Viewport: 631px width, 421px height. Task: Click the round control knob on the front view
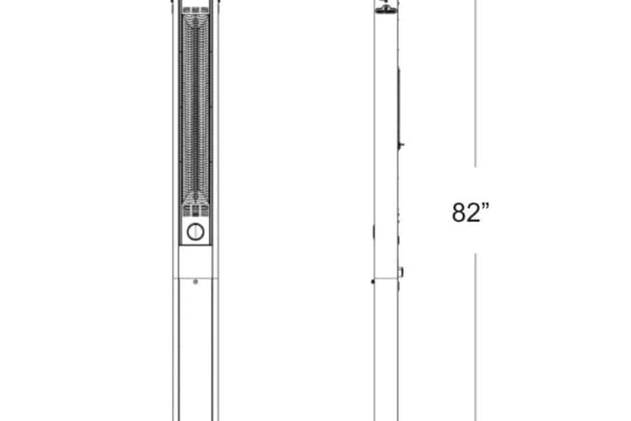point(196,232)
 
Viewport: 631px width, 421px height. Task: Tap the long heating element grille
point(196,109)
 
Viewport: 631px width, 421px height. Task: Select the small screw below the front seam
point(196,282)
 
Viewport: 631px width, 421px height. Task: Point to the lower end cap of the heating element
point(196,210)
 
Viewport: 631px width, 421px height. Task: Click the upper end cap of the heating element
point(196,11)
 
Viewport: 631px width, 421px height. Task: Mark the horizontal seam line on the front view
point(196,278)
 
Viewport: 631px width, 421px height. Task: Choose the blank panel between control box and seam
point(196,262)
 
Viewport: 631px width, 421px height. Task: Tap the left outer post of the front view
point(176,210)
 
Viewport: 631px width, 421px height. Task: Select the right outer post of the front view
point(215,210)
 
